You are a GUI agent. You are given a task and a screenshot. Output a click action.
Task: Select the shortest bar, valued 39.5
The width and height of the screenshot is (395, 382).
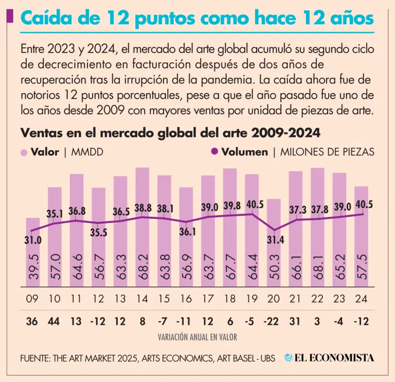coord(33,252)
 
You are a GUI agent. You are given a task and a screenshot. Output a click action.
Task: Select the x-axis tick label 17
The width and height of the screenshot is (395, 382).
coord(208,298)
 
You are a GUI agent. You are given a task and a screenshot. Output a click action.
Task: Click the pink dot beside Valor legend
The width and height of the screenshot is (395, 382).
coord(24,152)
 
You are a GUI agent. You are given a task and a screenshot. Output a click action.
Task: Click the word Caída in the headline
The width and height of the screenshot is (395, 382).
coord(46,19)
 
